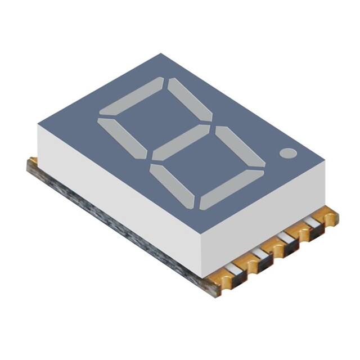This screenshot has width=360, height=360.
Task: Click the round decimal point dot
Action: [287, 152]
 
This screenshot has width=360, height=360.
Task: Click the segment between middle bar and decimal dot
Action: [240, 147]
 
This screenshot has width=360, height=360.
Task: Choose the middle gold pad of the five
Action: [278, 249]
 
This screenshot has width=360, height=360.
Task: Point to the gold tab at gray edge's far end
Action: [33, 163]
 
